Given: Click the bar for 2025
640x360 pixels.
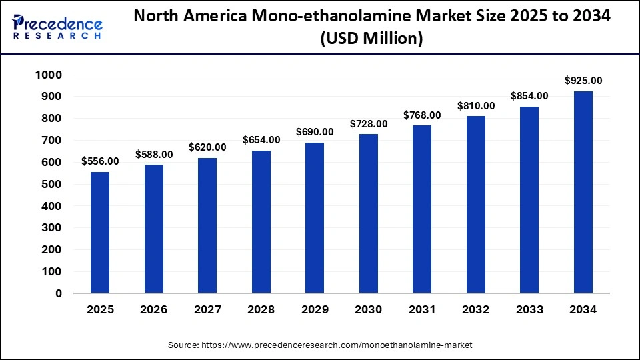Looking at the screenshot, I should coord(100,232).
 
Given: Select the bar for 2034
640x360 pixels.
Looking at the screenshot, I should coord(583,192).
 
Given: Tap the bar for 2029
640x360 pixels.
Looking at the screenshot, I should coord(315,217).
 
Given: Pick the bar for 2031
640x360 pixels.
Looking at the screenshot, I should coord(422,209).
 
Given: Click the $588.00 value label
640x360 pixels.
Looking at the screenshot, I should coord(154,155).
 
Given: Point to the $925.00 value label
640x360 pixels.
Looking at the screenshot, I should coord(583,81).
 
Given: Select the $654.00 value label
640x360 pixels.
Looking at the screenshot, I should coord(261,140).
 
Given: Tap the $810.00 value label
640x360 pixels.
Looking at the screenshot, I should coord(476,106).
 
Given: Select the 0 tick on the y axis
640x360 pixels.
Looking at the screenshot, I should coord(58,293).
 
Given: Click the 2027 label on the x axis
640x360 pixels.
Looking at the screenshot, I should coord(207,310).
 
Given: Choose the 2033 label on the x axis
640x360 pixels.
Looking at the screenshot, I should coord(529,310).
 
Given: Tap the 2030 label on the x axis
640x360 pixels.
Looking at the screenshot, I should coord(369,310).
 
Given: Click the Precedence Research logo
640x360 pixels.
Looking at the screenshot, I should coord(57,27).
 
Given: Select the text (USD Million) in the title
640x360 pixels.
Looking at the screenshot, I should coord(371,39).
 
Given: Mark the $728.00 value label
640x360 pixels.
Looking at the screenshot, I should coord(369,124).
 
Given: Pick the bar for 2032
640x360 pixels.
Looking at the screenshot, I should coord(476,204).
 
